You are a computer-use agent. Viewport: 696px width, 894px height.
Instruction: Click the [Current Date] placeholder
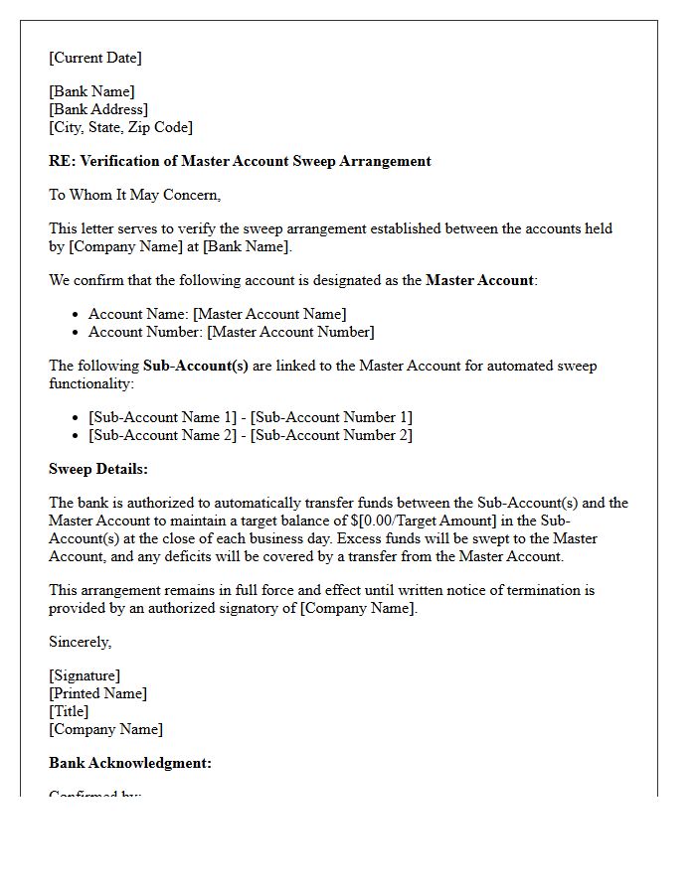pos(95,58)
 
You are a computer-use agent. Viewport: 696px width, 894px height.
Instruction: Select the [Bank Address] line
pos(98,109)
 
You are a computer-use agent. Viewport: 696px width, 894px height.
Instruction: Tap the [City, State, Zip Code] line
pos(120,127)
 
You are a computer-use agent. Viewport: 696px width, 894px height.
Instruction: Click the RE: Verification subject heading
pos(240,161)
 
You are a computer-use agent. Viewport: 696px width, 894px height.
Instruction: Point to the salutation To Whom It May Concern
pos(134,195)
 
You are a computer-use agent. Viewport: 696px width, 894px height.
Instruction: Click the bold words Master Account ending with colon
pos(480,280)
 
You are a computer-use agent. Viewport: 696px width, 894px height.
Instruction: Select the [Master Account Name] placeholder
pos(269,314)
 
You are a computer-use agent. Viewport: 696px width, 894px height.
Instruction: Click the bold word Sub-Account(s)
pos(196,366)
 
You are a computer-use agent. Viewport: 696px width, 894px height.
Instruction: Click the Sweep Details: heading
pos(98,469)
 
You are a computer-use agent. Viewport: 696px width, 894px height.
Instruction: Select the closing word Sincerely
pos(80,642)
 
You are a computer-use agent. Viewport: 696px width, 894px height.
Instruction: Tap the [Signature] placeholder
pos(85,675)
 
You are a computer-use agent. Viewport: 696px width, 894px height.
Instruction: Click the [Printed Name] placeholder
pos(97,693)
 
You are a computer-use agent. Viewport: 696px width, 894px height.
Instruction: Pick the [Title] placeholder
pos(69,711)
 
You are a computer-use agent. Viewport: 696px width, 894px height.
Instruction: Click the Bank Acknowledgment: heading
pos(130,763)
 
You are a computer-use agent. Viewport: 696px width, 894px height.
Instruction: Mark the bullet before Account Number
pos(77,333)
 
